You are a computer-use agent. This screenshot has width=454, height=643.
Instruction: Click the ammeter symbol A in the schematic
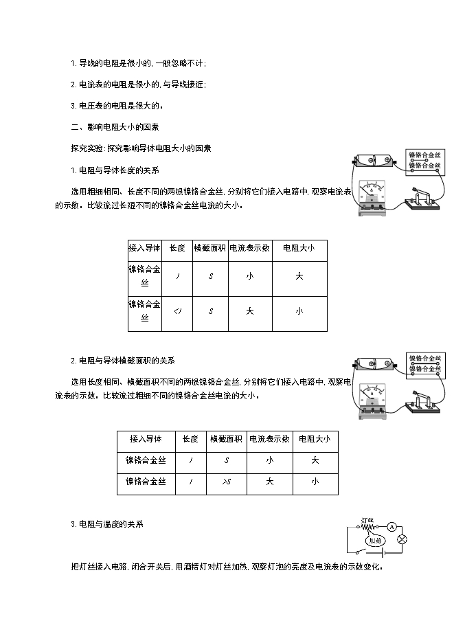pyautogui.click(x=391, y=527)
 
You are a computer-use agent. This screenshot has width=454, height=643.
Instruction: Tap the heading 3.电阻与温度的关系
pyautogui.click(x=107, y=524)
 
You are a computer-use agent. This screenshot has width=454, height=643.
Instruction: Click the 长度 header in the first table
pyautogui.click(x=177, y=248)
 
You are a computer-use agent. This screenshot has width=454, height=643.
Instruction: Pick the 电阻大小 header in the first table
pyautogui.click(x=299, y=248)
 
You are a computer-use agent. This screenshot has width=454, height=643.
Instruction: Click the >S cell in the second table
pyautogui.click(x=225, y=482)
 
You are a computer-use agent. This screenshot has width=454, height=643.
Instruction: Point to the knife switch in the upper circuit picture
pyautogui.click(x=422, y=199)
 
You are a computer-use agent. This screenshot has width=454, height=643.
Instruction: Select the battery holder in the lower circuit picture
pyautogui.click(x=372, y=365)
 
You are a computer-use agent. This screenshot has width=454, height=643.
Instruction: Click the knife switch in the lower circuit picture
pyautogui.click(x=422, y=401)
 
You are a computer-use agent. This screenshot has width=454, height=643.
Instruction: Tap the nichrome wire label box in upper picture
pyautogui.click(x=424, y=160)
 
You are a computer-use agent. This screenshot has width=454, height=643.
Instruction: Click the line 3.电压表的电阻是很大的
pyautogui.click(x=117, y=105)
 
